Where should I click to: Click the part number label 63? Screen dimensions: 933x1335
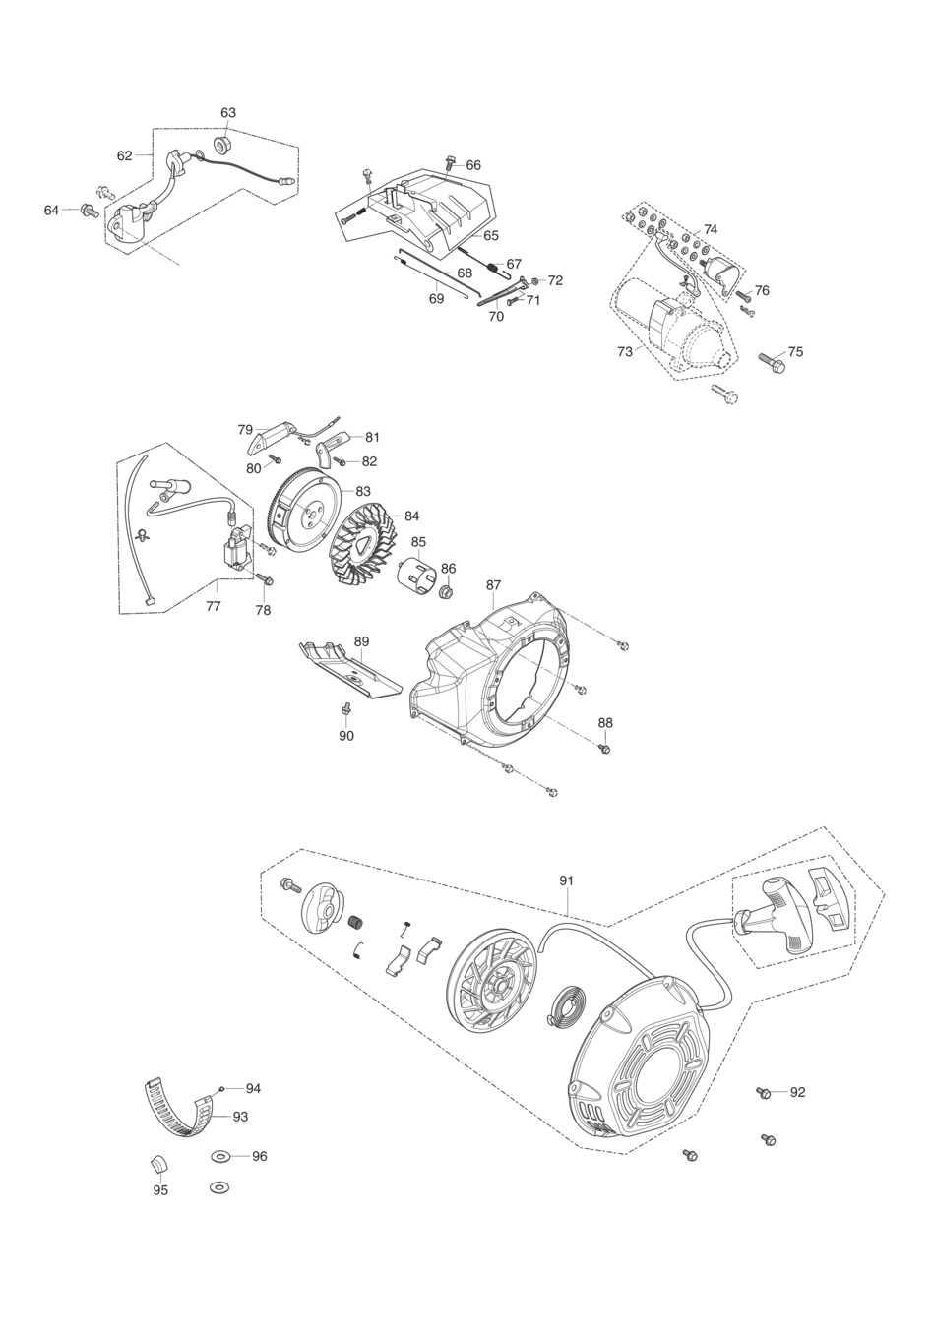228,112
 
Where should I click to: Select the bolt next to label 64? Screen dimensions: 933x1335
90,211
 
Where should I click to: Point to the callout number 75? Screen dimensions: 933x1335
795,351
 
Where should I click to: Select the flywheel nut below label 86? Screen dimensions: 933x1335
447,592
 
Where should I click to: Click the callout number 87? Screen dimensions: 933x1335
494,585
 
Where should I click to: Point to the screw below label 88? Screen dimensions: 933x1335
604,747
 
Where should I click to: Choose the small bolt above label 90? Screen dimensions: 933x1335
345,708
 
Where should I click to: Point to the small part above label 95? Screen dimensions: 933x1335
158,1163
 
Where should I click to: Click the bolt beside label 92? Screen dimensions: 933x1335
764,1092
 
